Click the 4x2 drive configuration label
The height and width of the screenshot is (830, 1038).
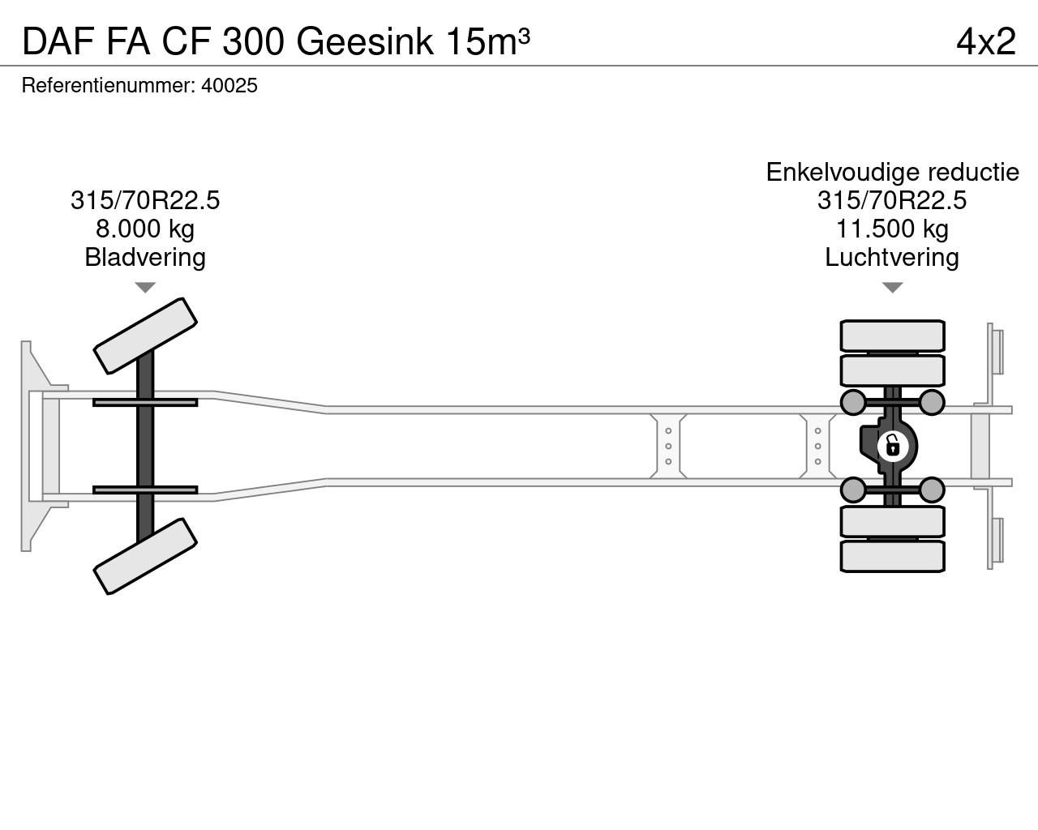click(x=986, y=41)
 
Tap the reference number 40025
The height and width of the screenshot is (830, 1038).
click(x=229, y=85)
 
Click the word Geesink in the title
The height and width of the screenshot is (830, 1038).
click(x=365, y=41)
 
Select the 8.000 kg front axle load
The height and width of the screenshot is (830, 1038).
click(x=145, y=229)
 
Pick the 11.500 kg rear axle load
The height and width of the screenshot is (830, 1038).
click(x=892, y=229)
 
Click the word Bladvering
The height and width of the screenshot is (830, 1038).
click(x=145, y=257)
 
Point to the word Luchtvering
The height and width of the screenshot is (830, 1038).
click(x=892, y=257)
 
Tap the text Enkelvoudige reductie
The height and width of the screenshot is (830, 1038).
click(x=892, y=172)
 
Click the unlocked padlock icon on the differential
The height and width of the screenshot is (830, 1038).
click(x=893, y=446)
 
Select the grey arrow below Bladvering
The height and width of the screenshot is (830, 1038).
click(x=145, y=288)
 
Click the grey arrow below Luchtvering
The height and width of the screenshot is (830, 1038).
click(x=892, y=288)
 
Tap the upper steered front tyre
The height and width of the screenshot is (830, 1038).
click(x=145, y=336)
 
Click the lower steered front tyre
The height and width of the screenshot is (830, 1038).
click(x=145, y=556)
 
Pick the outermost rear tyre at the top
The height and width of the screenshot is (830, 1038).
click(x=892, y=336)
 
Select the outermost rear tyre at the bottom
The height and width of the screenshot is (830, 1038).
click(x=892, y=557)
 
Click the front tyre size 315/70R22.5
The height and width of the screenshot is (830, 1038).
click(x=145, y=200)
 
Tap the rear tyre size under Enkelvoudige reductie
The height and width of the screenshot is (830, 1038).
click(x=892, y=200)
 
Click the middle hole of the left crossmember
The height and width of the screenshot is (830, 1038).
click(x=668, y=446)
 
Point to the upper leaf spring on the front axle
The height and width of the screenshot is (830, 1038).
click(x=145, y=402)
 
